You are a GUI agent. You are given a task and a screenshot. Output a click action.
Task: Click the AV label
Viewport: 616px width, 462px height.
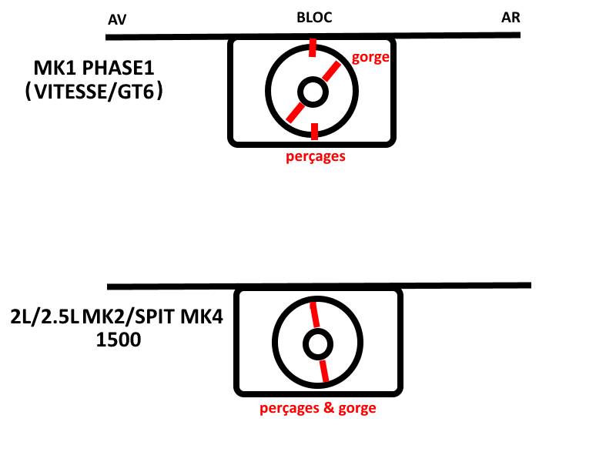(117, 19)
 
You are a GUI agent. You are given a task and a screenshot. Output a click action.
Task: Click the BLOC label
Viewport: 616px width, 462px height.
(314, 17)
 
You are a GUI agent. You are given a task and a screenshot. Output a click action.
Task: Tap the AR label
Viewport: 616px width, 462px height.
(511, 17)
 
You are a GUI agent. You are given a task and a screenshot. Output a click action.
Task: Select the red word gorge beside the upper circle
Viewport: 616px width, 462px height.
(370, 58)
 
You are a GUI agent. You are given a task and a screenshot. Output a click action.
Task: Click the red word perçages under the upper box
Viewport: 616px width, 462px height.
(316, 156)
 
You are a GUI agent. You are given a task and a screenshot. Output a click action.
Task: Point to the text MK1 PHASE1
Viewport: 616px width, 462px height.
(94, 68)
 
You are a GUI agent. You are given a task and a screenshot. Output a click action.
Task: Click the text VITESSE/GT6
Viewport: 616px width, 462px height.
(93, 92)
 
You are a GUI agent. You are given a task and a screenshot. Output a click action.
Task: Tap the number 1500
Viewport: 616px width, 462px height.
(119, 340)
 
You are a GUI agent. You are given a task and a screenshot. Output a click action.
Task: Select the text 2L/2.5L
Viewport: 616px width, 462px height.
(45, 316)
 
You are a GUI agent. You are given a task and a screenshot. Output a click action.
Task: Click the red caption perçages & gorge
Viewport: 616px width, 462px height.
(318, 408)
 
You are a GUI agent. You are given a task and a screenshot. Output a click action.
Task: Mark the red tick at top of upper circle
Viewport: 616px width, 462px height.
(313, 48)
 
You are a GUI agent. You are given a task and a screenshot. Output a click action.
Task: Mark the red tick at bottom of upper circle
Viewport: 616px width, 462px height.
(314, 131)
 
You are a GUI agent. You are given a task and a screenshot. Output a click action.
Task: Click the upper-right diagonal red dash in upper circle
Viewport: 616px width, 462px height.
(332, 72)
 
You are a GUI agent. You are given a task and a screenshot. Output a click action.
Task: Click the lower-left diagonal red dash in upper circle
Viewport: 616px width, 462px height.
(295, 112)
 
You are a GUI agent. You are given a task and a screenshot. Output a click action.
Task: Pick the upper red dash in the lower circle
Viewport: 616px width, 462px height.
(315, 315)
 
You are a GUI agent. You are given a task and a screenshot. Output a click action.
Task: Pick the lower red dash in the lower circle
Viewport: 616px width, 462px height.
(324, 371)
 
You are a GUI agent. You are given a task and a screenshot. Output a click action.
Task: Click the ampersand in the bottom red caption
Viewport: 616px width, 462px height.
(329, 407)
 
